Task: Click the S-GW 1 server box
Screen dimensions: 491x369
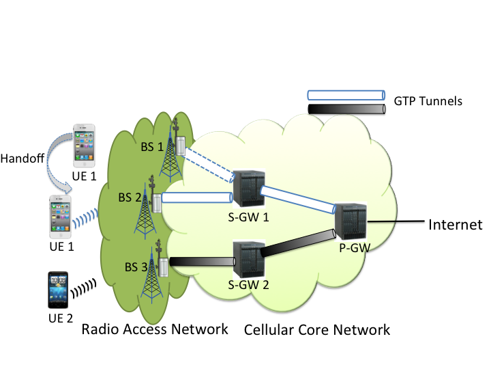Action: point(250,189)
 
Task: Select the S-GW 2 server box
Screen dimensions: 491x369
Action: point(250,259)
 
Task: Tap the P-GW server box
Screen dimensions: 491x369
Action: point(351,222)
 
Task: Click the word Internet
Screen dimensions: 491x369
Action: point(456,225)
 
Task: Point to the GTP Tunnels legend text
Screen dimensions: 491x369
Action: point(428,101)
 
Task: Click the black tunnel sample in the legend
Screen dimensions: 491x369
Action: point(346,109)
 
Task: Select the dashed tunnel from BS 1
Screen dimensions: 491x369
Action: point(209,165)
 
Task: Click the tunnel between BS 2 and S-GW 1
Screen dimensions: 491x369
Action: point(197,197)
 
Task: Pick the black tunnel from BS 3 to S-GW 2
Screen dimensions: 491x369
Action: point(203,261)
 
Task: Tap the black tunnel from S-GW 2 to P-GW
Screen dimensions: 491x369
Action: point(298,243)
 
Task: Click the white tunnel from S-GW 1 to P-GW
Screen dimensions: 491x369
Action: point(298,200)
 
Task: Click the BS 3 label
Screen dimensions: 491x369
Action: point(136,267)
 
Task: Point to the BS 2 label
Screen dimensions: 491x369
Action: point(130,197)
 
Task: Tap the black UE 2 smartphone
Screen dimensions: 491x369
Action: point(58,290)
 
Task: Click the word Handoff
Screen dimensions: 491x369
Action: point(22,159)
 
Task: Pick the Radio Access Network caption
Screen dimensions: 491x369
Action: point(155,329)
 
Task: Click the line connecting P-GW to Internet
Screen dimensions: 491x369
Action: point(396,221)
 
